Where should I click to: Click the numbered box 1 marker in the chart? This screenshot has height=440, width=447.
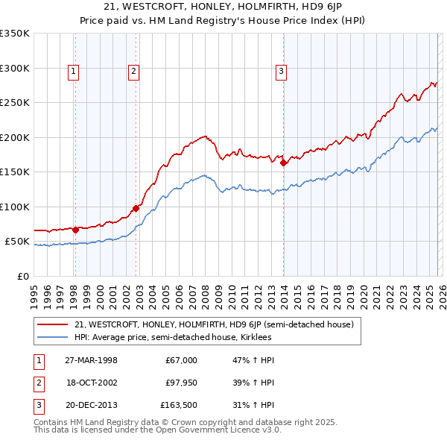[x=74, y=72]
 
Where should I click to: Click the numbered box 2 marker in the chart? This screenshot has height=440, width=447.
[x=133, y=72]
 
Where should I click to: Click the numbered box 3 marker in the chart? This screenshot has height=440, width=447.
[x=281, y=72]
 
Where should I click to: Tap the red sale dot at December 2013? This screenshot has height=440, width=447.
[x=283, y=163]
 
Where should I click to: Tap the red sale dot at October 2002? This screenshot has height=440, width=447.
[x=136, y=208]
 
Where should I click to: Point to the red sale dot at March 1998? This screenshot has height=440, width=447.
[x=75, y=230]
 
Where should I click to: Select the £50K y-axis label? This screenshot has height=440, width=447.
[x=17, y=242]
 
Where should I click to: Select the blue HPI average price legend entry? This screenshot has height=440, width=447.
[x=173, y=337]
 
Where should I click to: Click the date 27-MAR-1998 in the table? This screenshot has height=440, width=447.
[x=92, y=359]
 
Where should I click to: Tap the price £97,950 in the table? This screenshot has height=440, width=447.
[x=181, y=383]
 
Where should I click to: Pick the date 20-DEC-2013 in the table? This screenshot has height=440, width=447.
[x=92, y=406]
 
